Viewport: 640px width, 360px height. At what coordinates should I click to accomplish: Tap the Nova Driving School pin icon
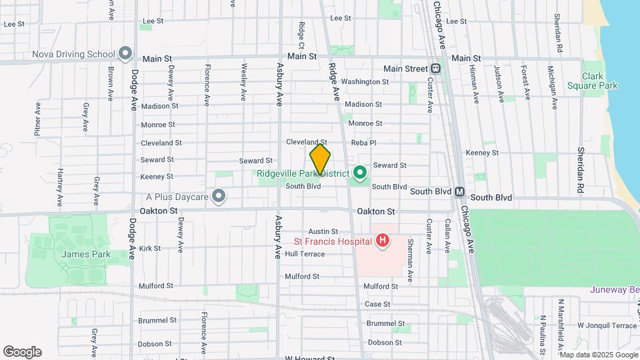tap(125, 53)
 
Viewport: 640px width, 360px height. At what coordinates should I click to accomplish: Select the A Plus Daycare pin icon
tap(219, 196)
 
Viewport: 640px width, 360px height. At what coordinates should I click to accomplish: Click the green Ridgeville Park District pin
tap(361, 174)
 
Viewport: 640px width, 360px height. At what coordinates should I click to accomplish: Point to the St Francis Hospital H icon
tap(382, 240)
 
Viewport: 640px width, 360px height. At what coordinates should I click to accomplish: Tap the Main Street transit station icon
tap(435, 69)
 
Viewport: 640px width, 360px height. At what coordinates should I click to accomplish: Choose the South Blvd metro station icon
tap(459, 191)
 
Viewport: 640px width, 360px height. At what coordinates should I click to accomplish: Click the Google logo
tap(22, 352)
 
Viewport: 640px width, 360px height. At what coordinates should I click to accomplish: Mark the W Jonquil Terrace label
tap(607, 325)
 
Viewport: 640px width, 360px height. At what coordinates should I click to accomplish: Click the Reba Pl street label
tap(363, 143)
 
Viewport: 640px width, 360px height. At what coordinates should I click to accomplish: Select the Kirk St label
tap(150, 248)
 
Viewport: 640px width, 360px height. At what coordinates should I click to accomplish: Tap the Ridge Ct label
tap(301, 35)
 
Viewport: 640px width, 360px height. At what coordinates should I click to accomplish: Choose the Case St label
tap(377, 304)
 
